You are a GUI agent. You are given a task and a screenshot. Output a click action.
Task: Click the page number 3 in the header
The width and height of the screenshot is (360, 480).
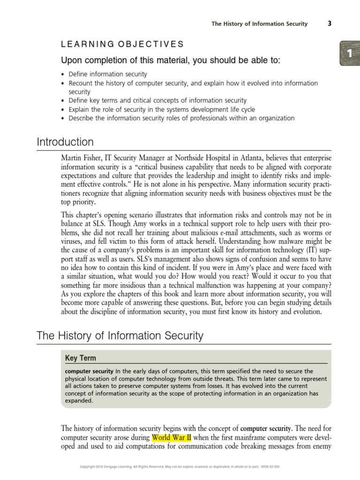[x=329, y=24]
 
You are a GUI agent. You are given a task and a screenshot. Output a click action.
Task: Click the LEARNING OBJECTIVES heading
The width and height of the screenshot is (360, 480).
[x=122, y=45]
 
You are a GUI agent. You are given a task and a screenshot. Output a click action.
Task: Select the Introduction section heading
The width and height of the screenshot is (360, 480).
[x=65, y=142]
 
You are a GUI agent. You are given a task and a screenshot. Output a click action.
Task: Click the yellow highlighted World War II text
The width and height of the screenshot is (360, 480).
[x=172, y=437]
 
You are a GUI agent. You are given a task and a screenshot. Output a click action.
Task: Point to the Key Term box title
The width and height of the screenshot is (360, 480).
[x=81, y=358]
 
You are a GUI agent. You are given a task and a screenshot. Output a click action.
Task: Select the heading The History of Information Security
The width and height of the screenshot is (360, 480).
[x=120, y=335]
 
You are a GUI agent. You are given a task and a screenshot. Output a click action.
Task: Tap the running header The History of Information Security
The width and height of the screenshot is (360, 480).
[x=259, y=24]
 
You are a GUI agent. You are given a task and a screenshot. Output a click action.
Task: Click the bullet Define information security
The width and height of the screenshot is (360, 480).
[x=108, y=74]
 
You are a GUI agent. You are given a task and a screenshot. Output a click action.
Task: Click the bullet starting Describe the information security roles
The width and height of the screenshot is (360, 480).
[x=181, y=118]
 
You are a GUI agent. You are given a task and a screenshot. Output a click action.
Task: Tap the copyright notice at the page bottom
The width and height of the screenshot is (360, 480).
[x=180, y=467]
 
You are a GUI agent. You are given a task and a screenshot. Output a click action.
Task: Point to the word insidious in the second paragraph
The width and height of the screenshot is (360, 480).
[x=136, y=293]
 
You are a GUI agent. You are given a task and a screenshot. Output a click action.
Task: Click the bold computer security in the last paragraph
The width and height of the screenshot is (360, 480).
[x=265, y=428]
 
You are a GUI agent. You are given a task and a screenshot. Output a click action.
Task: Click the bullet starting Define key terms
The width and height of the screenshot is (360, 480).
[x=157, y=100]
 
